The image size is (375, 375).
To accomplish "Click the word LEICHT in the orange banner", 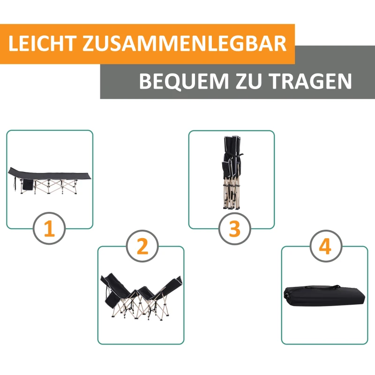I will (42, 44).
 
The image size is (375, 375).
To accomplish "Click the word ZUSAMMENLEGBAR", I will (184, 44).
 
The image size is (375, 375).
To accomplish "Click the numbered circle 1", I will (49, 230).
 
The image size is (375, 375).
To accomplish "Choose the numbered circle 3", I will (234, 229).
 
